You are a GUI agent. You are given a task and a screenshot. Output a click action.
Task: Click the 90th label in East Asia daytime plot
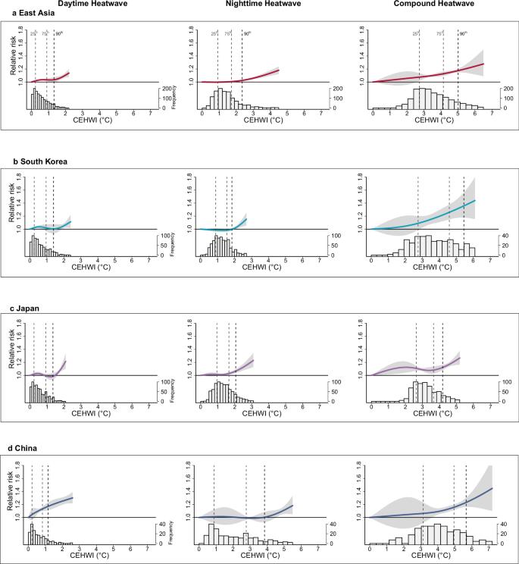[59, 34]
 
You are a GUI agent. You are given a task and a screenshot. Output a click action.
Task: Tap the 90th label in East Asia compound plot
[463, 34]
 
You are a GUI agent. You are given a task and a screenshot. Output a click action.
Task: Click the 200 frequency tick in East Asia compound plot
[505, 89]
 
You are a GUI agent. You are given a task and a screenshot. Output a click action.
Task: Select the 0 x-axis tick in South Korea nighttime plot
[201, 261]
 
